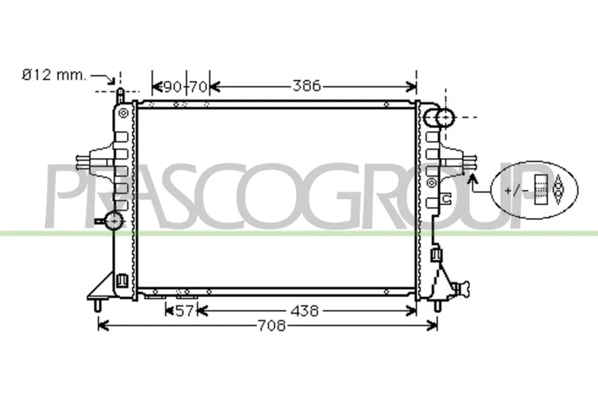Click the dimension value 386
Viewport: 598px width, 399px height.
pyautogui.click(x=307, y=86)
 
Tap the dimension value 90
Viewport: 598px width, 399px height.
pyautogui.click(x=173, y=87)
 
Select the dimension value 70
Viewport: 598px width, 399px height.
pyautogui.click(x=198, y=87)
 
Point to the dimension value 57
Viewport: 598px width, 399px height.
pyautogui.click(x=185, y=311)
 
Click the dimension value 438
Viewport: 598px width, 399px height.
pyautogui.click(x=304, y=311)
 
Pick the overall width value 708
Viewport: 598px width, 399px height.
pyautogui.click(x=271, y=326)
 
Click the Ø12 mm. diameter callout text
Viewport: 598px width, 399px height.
pyautogui.click(x=54, y=75)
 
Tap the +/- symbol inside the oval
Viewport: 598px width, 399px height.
pyautogui.click(x=517, y=190)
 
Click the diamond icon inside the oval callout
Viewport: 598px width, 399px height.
pyautogui.click(x=558, y=189)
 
